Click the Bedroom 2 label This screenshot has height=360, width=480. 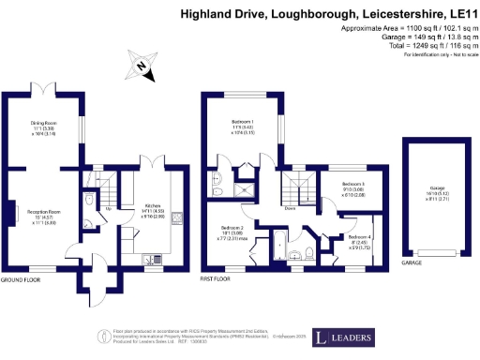click(232, 228)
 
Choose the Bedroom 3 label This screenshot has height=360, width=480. click(353, 184)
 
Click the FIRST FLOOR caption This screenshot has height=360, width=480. click(217, 278)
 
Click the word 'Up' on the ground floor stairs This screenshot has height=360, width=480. click(108, 208)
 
